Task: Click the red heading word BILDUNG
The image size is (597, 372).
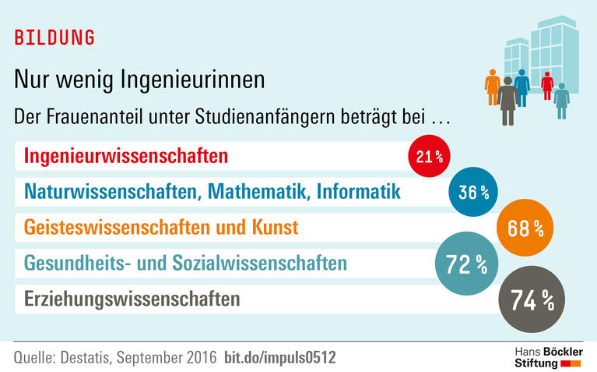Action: [54, 38]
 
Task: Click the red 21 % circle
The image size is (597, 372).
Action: [430, 157]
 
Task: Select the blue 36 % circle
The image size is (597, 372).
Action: [473, 190]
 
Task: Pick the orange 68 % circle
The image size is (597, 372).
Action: [524, 229]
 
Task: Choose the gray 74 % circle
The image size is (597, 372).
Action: [532, 299]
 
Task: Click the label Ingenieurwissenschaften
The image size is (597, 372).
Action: [126, 156]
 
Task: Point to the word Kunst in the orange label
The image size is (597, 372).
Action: [276, 228]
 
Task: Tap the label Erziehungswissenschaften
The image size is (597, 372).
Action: [132, 299]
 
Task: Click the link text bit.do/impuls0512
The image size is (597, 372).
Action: [279, 357]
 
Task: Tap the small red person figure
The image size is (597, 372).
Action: [547, 85]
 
